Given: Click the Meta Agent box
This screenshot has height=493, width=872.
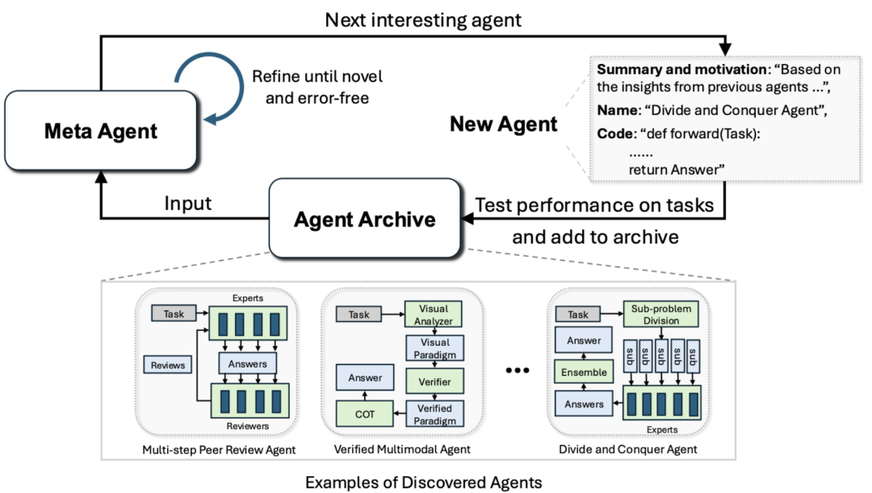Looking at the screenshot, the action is [101, 131].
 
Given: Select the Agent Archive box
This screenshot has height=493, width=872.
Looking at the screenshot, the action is [365, 219].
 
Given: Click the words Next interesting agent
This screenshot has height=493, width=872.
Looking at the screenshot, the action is [423, 20].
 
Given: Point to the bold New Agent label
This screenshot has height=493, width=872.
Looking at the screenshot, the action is [503, 124].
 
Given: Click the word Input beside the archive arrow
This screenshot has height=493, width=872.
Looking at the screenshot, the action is [188, 204].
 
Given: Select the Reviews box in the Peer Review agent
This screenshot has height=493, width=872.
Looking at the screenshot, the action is [167, 365].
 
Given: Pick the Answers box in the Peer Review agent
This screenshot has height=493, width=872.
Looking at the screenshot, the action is [248, 364].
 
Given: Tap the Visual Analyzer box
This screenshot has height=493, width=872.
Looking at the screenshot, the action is [434, 314].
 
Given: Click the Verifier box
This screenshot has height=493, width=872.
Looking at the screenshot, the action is [434, 381].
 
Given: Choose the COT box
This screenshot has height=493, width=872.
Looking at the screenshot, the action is [365, 414].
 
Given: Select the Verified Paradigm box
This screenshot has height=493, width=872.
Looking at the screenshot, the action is [434, 414].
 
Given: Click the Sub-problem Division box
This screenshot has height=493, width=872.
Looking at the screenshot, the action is [661, 314].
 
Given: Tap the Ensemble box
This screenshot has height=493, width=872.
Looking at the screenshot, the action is [584, 373].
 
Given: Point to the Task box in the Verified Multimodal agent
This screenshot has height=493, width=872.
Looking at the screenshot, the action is [358, 314].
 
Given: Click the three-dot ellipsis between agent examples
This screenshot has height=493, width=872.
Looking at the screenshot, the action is [518, 370].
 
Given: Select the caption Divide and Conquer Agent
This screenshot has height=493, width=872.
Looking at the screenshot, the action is [628, 449].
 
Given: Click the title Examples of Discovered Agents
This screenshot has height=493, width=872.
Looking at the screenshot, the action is [424, 482].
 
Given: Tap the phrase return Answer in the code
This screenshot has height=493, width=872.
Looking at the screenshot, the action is [677, 169].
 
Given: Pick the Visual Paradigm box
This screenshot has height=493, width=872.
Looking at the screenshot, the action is [434, 348].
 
